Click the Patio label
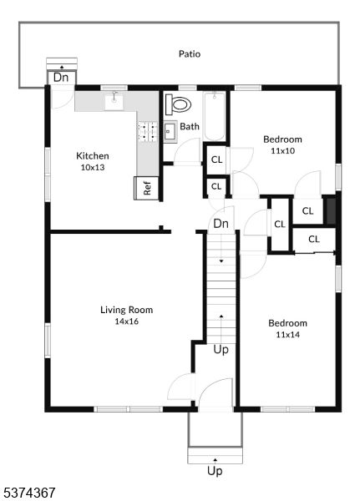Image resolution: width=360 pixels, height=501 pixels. [x=190, y=53]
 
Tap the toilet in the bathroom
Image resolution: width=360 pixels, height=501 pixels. [x=178, y=104]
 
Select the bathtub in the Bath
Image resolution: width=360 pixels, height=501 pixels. [x=214, y=116]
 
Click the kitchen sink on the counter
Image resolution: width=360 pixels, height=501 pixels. [x=114, y=102]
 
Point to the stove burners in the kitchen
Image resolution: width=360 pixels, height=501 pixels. [x=147, y=131]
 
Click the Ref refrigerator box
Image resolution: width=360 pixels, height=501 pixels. [x=146, y=188]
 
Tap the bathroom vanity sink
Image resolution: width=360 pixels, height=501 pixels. [x=170, y=130]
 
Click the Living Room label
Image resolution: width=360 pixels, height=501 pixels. [x=127, y=310]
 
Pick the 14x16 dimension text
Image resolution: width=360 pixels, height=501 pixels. [x=127, y=321]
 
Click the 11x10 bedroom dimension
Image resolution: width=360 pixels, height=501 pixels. [x=282, y=151]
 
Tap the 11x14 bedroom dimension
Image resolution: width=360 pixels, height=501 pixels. [x=287, y=335]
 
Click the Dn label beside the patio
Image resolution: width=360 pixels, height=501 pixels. [x=61, y=78]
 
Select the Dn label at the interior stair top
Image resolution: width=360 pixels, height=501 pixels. [x=221, y=223]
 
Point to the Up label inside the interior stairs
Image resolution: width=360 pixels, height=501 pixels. [x=221, y=350]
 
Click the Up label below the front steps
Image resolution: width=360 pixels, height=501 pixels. [x=215, y=471]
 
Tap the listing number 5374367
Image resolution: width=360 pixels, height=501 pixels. [x=28, y=493]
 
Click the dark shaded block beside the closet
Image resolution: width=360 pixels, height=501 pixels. [x=330, y=211]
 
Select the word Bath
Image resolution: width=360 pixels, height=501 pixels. [x=190, y=127]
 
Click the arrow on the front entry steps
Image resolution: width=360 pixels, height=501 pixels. [x=215, y=459]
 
